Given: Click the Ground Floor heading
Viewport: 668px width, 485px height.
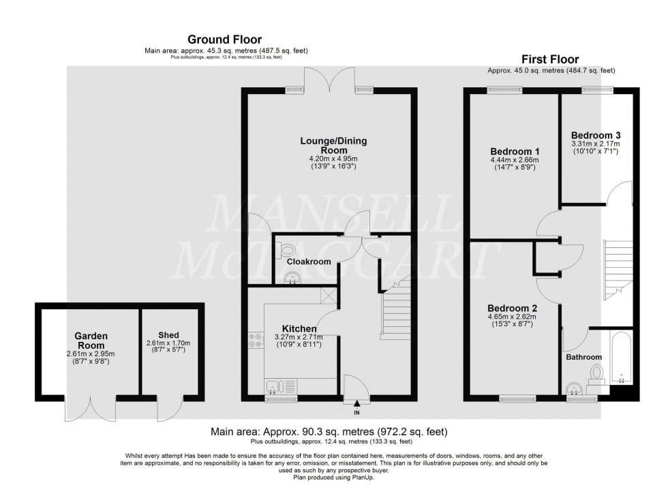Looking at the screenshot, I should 224,40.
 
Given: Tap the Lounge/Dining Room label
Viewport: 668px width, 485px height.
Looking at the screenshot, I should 333,146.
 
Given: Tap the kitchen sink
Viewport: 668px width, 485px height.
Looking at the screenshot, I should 275,387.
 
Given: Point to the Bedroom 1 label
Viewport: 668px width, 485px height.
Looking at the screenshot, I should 515,151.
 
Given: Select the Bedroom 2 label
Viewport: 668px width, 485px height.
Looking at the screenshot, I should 515,307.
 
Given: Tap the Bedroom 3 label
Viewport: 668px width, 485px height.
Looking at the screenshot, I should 595,134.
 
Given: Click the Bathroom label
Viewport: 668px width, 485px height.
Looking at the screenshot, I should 583,357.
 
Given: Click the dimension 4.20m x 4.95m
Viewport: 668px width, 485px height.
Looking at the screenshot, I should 333,159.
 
